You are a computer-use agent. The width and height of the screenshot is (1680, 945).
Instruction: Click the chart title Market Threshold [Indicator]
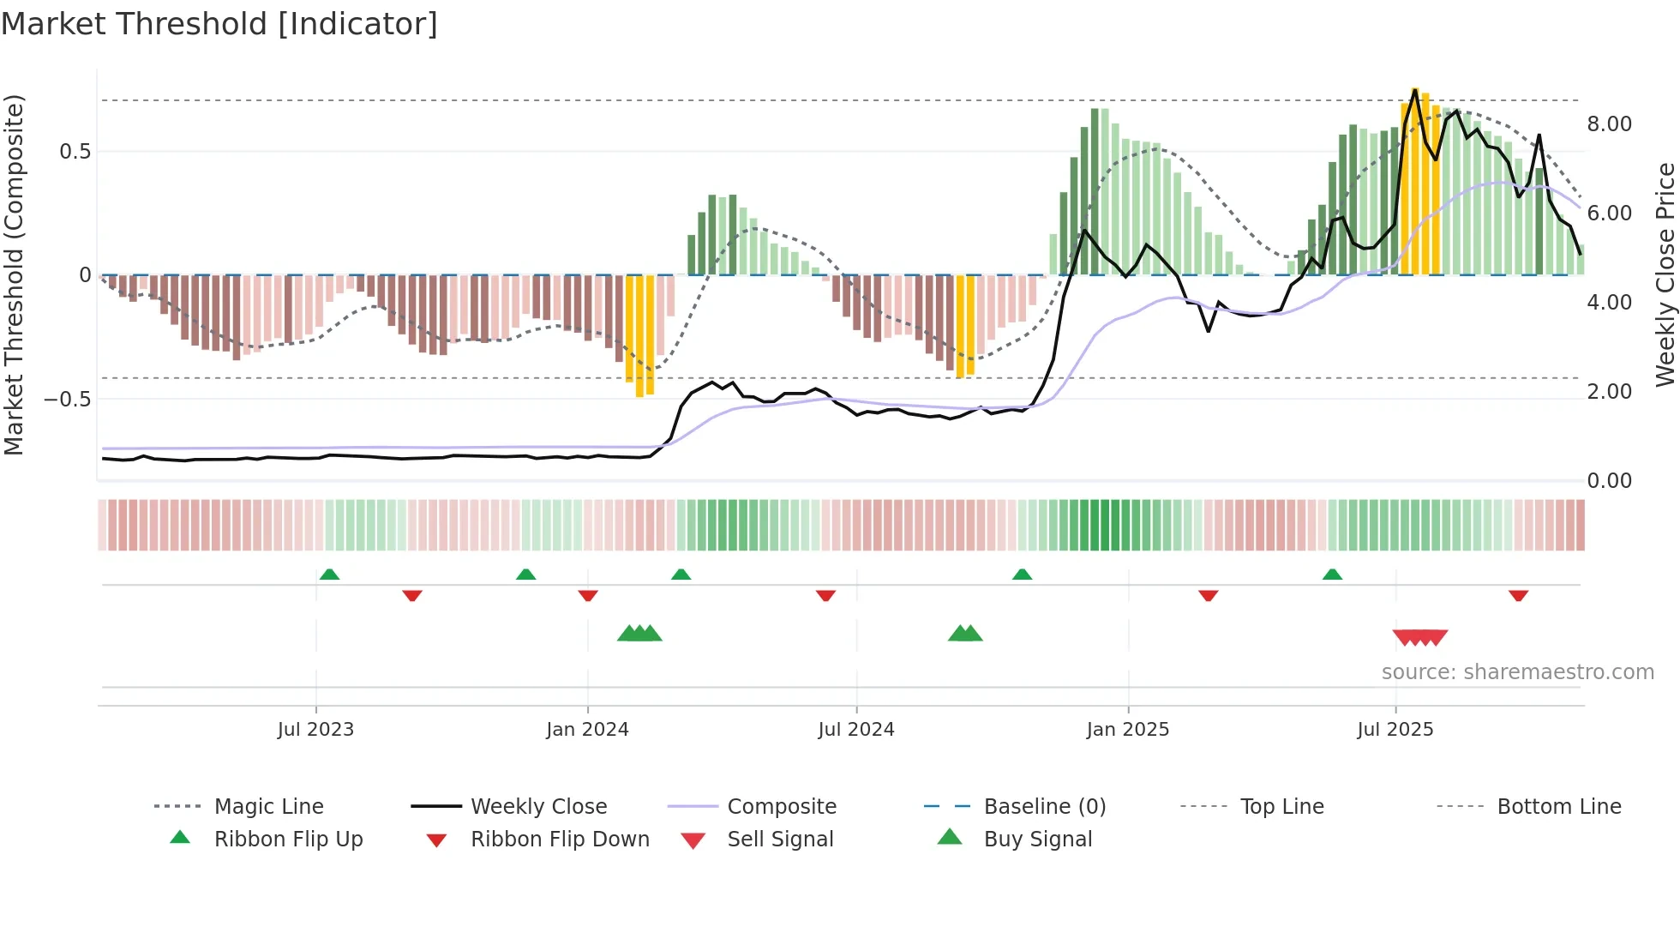point(219,24)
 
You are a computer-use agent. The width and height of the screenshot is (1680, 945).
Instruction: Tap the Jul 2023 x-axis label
point(315,730)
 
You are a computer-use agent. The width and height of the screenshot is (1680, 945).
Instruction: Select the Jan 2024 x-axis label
point(587,730)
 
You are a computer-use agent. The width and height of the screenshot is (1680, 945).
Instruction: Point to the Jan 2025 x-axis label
point(1127,730)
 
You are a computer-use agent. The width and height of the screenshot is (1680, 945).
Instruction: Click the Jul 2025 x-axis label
point(1395,730)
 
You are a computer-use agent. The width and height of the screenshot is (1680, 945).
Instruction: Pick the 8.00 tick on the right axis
point(1609,124)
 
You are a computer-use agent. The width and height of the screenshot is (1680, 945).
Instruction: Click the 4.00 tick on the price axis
point(1609,303)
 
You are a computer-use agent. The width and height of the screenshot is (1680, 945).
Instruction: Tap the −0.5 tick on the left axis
point(67,400)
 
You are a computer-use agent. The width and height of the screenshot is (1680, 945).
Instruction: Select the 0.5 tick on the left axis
point(75,152)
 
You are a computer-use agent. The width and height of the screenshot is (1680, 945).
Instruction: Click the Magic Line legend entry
point(268,807)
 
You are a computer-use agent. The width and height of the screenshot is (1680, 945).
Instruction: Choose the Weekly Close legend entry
point(538,807)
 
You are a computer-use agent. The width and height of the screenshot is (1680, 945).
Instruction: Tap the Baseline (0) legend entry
point(1044,807)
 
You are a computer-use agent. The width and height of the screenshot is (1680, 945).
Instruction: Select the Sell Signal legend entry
point(780,840)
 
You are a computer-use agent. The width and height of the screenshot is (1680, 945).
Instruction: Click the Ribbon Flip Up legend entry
point(288,840)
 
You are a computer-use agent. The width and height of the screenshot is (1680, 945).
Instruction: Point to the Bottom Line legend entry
point(1558,807)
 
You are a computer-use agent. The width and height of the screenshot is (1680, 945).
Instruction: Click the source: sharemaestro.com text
point(1517,672)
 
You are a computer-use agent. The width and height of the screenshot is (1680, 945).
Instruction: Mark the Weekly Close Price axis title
point(1665,274)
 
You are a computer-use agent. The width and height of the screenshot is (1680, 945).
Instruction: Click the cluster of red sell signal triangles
point(1420,637)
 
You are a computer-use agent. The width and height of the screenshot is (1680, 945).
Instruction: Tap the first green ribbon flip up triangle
point(329,575)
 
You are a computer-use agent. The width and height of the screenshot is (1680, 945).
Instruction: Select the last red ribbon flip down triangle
point(1518,595)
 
